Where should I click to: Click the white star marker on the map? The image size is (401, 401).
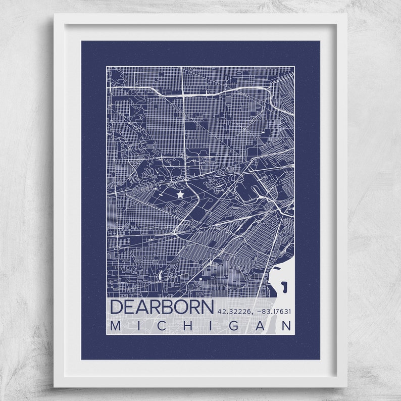[x=180, y=194]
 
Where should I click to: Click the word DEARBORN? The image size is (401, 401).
[x=162, y=307]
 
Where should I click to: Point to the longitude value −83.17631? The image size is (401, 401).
[x=273, y=311]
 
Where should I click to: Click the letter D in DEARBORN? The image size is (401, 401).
[x=117, y=307]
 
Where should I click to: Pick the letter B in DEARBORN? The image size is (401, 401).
[x=167, y=307]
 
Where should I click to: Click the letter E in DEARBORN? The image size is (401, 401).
[x=131, y=307]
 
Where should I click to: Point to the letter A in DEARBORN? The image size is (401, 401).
[x=143, y=307]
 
